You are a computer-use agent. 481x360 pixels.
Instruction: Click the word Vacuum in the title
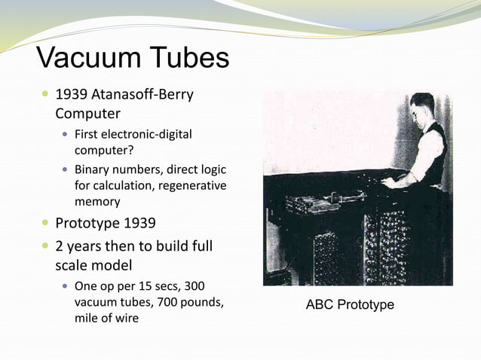click(x=81, y=58)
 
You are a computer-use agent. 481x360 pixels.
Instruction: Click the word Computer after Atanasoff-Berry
click(x=87, y=114)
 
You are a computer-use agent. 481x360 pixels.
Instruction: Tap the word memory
click(x=97, y=202)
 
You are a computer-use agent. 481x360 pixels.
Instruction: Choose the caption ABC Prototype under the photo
click(x=350, y=305)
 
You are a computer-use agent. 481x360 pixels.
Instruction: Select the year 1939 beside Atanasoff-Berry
click(x=72, y=96)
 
